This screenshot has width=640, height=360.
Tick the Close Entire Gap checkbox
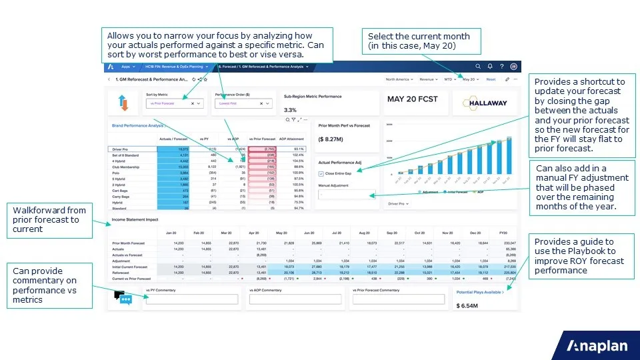click(x=321, y=173)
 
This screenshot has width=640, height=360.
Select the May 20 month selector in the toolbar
click(x=470, y=79)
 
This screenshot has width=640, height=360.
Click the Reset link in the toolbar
click(x=491, y=79)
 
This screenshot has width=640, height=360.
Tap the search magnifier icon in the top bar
click(x=478, y=67)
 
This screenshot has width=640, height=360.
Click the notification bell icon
click(x=490, y=67)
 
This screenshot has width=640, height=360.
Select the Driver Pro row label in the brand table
click(x=121, y=149)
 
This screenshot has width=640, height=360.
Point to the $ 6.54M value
click(x=469, y=305)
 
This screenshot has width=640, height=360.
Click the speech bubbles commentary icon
click(x=123, y=298)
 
